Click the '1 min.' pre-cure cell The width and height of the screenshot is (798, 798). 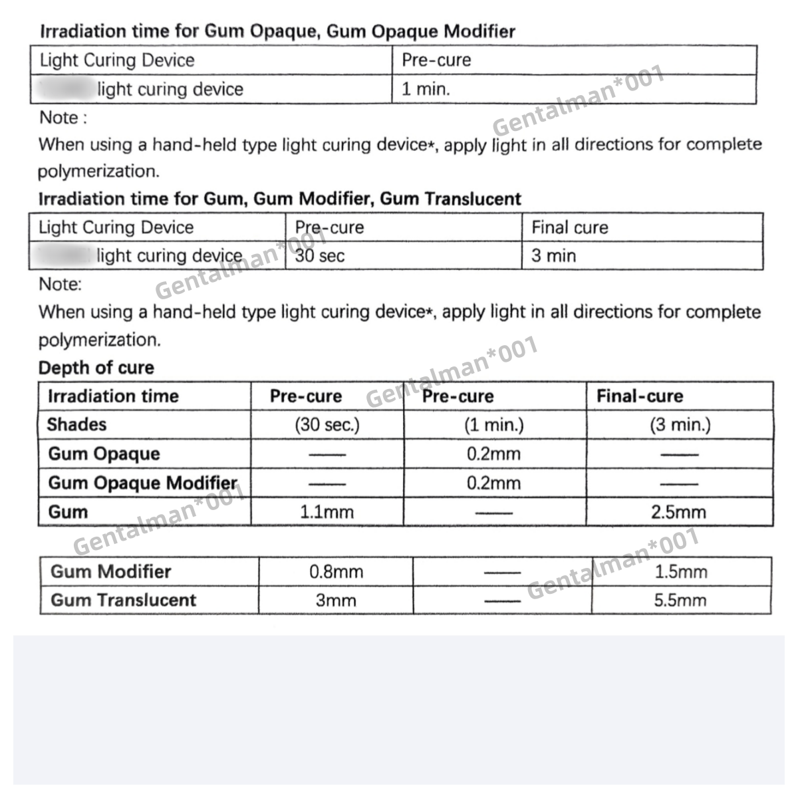[426, 89]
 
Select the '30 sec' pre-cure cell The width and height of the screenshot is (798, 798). [320, 256]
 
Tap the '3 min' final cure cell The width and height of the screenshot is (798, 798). [553, 256]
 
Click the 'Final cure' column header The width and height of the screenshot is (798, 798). [569, 227]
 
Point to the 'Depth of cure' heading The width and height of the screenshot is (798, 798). [96, 368]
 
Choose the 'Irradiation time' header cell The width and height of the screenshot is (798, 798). [113, 396]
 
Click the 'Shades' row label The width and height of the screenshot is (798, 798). [76, 424]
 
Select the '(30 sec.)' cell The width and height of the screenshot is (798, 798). [327, 425]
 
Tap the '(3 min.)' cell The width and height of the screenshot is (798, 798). [680, 425]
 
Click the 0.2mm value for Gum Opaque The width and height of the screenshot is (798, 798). [493, 454]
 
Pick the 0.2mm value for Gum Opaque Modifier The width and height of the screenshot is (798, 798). [493, 483]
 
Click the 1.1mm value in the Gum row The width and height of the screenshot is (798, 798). [327, 512]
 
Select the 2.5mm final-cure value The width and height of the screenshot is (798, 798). [680, 512]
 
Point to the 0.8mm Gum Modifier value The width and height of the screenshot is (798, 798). [336, 572]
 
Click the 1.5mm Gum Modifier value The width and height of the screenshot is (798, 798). [681, 572]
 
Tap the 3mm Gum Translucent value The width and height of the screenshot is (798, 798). [336, 600]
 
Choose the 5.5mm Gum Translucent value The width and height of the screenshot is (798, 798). [680, 600]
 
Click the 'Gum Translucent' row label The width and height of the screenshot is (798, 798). [124, 600]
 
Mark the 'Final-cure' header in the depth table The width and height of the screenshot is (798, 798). [640, 396]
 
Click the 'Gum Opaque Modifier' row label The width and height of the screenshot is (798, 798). [142, 483]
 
